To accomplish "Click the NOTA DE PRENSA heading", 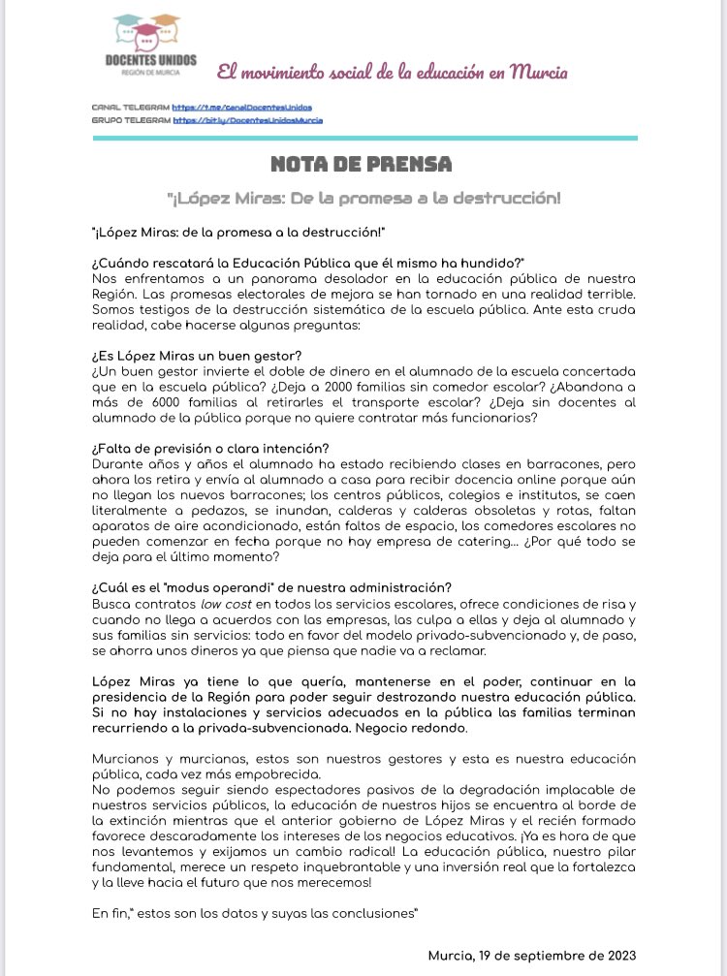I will [x=363, y=163].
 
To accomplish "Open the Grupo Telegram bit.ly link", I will [x=247, y=120].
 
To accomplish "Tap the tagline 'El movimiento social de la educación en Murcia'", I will [x=392, y=73].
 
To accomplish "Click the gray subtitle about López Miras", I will [x=363, y=198].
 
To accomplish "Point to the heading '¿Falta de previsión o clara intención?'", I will [x=210, y=447].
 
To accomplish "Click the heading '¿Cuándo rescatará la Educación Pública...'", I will [x=307, y=264].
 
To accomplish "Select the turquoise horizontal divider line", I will [x=363, y=138].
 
